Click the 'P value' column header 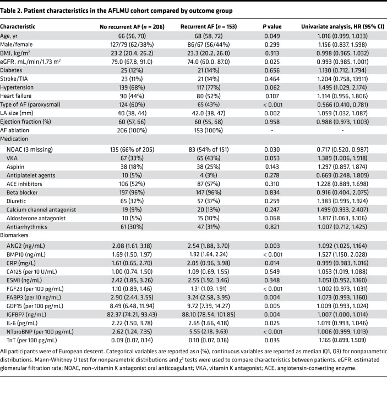(272, 27)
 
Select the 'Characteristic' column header (17, 27)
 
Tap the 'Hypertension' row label (17, 87)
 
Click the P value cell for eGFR (272, 62)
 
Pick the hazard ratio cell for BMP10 (342, 254)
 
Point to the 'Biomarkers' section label (14, 235)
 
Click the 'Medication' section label (14, 139)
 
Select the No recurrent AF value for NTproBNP (132, 332)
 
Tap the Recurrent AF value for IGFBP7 (209, 314)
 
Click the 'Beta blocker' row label (22, 193)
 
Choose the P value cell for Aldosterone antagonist (272, 218)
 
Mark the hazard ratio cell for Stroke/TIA (342, 79)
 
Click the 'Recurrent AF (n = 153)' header (209, 27)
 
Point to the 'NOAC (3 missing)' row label (30, 149)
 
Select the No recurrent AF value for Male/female (132, 45)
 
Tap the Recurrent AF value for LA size (209, 114)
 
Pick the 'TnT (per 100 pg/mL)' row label (32, 341)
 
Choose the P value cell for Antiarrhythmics (272, 227)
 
